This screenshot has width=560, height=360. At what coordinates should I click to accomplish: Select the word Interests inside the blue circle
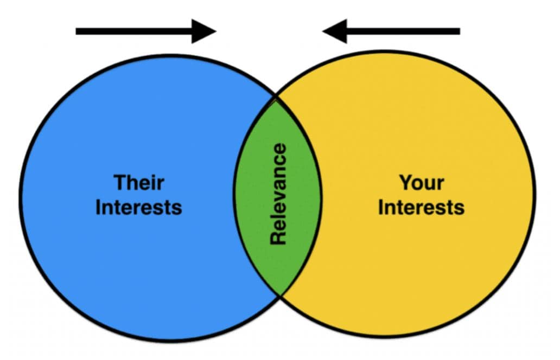click(x=138, y=207)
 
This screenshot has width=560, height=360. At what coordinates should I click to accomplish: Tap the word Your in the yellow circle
click(x=421, y=182)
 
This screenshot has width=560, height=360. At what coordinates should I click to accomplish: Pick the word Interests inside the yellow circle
click(x=421, y=207)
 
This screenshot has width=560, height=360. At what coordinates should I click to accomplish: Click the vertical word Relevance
click(x=278, y=194)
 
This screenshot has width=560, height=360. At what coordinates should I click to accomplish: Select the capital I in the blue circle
click(x=99, y=207)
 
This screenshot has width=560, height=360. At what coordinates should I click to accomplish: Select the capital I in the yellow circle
click(x=381, y=207)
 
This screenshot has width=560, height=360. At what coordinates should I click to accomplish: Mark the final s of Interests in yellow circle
click(x=460, y=208)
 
